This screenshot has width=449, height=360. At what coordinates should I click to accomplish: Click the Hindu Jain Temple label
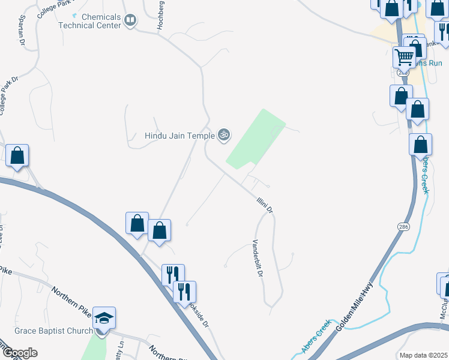click(179, 135)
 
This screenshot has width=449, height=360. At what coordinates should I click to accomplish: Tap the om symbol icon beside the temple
click(224, 135)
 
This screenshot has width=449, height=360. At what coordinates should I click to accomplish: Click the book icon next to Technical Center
click(130, 22)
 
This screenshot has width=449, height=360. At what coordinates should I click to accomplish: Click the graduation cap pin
click(104, 318)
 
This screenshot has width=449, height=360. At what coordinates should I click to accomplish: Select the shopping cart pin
click(405, 57)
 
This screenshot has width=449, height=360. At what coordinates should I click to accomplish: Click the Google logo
click(19, 353)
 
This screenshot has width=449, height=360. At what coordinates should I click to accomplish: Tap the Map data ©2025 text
click(423, 355)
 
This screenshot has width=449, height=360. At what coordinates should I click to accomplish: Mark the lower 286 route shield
click(403, 226)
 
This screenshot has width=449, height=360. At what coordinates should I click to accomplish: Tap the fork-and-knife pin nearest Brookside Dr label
click(184, 292)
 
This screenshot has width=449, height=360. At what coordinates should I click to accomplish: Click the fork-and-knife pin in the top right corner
click(443, 32)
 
